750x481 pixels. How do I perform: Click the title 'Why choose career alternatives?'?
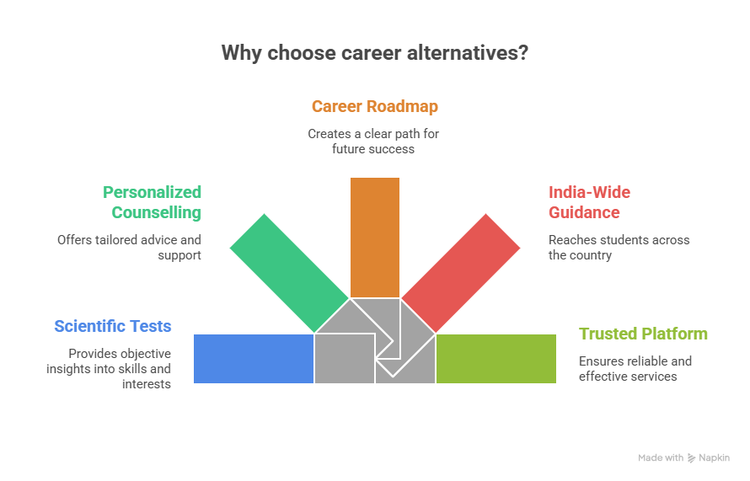click(374, 53)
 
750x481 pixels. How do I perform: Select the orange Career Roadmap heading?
click(374, 107)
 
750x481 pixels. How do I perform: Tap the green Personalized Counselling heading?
click(153, 202)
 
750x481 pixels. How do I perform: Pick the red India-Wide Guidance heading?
click(589, 202)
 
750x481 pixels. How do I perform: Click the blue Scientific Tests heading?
click(113, 326)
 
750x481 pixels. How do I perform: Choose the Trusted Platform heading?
click(643, 334)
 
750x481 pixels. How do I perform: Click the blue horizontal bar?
click(253, 359)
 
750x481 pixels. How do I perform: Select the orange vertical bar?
click(375, 236)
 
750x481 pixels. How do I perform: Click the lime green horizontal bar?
click(496, 359)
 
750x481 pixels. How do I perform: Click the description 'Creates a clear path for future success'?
click(374, 142)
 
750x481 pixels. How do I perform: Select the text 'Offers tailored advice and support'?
click(130, 247)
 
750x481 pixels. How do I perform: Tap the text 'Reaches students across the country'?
click(619, 247)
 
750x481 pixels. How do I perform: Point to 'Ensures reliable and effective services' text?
click(635, 368)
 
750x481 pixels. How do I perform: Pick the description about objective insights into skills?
click(120, 368)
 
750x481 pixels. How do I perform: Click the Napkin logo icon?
click(692, 458)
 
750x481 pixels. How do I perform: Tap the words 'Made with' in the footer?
click(661, 458)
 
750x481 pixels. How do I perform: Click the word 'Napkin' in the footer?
click(715, 458)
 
